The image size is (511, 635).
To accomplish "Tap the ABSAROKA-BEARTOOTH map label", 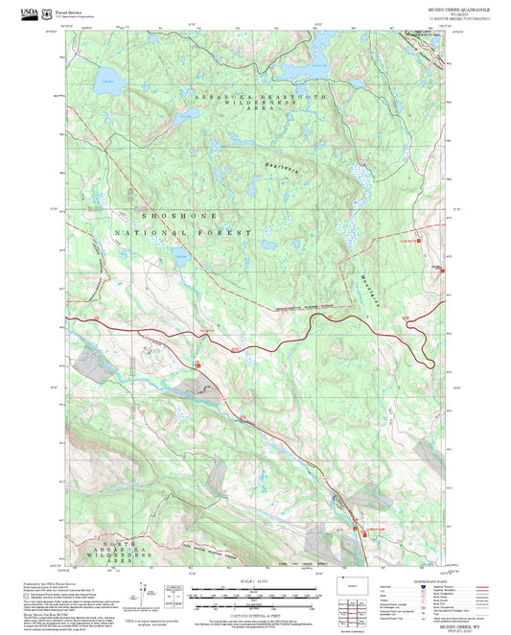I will coord(259,99).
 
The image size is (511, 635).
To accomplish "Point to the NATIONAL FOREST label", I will coord(181,232).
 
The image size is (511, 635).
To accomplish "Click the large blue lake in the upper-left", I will coord(106,76).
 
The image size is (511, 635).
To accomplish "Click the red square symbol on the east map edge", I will coord(442,270).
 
